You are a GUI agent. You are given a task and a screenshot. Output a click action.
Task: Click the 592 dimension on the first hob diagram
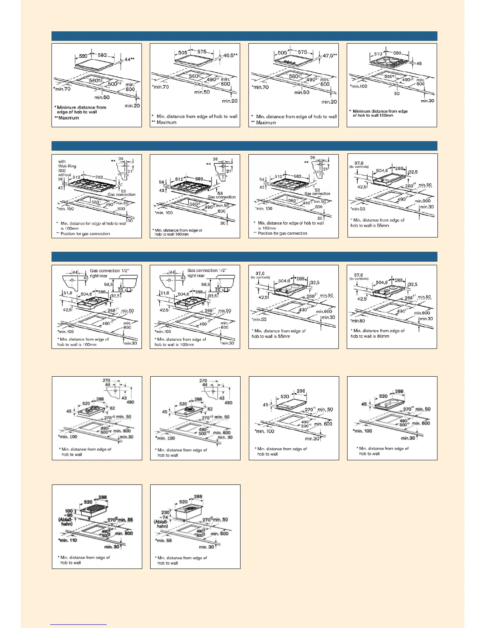click(102, 56)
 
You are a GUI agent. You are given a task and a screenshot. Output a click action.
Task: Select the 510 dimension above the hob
click(378, 54)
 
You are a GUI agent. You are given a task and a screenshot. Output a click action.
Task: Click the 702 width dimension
click(98, 178)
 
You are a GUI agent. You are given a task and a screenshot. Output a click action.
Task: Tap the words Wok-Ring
click(67, 166)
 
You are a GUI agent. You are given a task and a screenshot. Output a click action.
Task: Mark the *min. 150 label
click(65, 209)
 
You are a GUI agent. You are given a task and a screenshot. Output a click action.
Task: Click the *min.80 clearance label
click(357, 321)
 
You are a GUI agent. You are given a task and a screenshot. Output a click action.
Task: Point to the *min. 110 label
click(68, 540)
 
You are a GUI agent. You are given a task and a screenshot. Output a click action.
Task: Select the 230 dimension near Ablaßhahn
click(165, 512)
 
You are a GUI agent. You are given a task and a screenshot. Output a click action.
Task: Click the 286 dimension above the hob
click(301, 391)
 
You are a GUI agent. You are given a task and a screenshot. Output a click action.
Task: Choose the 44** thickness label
click(130, 59)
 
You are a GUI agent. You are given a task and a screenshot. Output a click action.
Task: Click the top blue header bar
click(244, 36)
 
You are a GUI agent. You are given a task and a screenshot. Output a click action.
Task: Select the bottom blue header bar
click(244, 257)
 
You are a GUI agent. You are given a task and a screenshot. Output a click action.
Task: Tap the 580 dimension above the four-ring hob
click(397, 53)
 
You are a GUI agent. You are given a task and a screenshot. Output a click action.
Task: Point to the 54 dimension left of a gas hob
click(262, 180)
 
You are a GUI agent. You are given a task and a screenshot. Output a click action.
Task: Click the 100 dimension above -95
click(69, 511)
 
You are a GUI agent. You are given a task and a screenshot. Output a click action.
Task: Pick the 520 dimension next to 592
click(83, 56)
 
